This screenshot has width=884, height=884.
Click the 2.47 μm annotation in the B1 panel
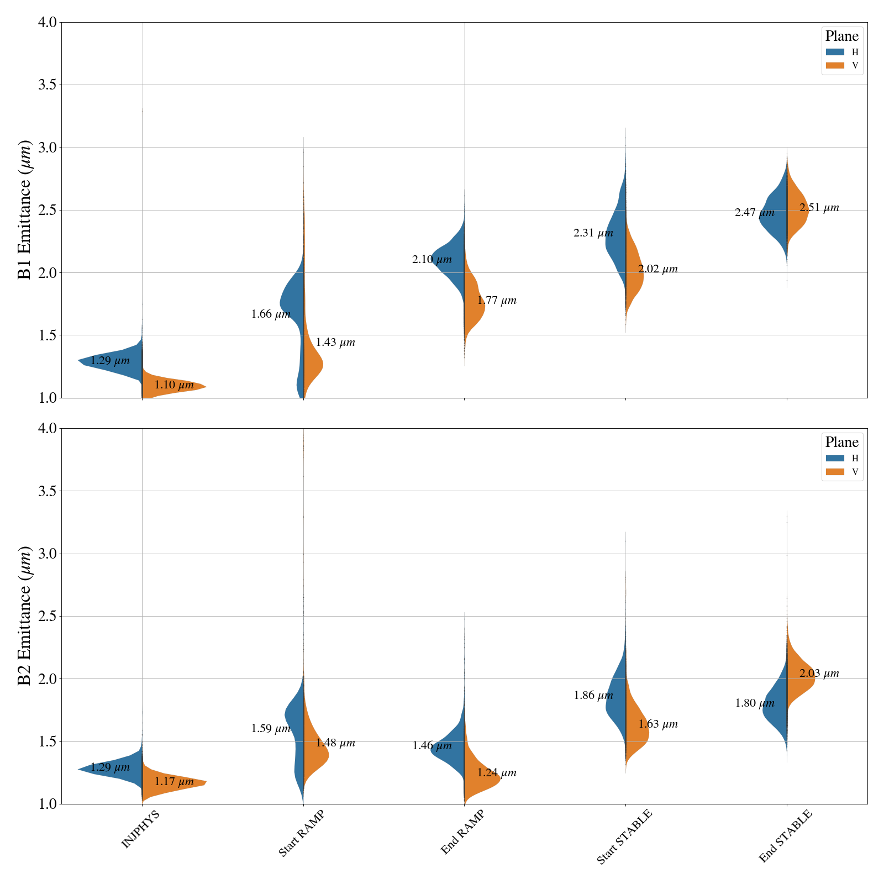755,213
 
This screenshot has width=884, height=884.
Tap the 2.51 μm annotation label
819,208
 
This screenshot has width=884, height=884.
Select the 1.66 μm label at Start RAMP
271,314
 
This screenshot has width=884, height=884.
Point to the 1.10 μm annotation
174,385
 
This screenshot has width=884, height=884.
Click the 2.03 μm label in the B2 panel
819,673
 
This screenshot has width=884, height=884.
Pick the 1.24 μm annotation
497,773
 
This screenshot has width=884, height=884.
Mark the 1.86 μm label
593,696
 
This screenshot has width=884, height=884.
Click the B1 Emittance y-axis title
25,210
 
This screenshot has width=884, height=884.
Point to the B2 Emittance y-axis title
25,616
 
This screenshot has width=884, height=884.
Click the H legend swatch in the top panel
835,52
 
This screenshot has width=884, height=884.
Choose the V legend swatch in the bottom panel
835,472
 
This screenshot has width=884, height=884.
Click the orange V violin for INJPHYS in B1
171,386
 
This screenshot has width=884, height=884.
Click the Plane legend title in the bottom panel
841,443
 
